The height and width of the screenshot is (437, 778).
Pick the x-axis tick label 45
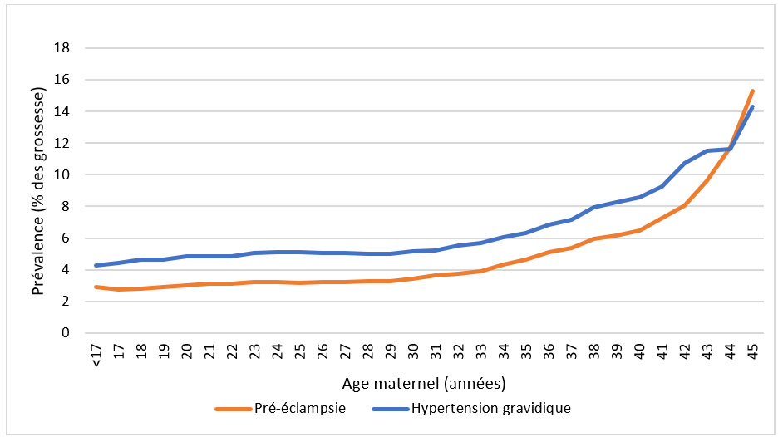[751, 353]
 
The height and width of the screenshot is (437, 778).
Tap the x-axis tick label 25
[300, 353]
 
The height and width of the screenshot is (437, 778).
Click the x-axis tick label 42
[684, 353]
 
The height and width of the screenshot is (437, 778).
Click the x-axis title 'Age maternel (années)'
[423, 385]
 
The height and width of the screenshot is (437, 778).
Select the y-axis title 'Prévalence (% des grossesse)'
[38, 191]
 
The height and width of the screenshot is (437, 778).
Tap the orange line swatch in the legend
[233, 409]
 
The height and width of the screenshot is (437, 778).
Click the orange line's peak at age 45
[752, 91]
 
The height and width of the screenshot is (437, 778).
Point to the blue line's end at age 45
[752, 106]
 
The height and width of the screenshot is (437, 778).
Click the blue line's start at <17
[97, 266]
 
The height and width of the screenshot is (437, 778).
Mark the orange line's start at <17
[97, 287]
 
